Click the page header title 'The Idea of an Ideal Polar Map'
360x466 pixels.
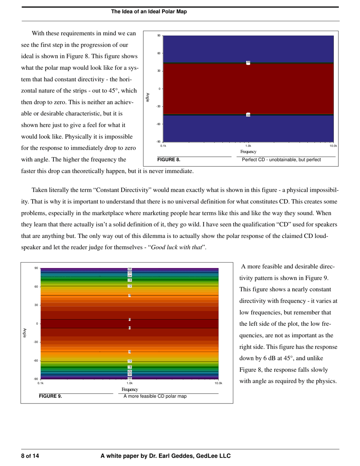149,12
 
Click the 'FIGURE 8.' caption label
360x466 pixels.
169,160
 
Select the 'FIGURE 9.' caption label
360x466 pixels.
50,396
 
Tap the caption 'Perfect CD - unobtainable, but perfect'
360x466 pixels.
281,160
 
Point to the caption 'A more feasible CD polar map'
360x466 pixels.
155,396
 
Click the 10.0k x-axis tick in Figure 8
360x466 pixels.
333,146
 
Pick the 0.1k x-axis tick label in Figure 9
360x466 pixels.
41,383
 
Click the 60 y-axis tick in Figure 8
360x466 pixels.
159,53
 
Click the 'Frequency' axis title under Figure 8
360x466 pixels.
248,152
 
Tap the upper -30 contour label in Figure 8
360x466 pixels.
248,62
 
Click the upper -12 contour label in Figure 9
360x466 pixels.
130,286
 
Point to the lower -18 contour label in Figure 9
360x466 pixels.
130,367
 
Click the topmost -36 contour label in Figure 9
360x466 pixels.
130,269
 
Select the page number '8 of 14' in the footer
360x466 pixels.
30,456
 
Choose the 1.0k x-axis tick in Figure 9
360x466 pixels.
130,383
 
